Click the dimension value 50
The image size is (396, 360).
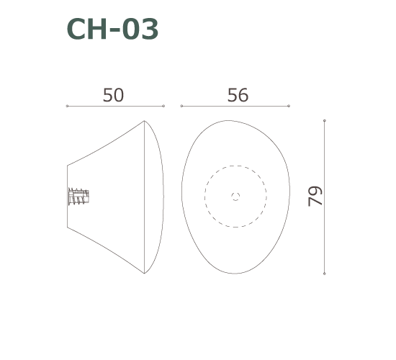pos(113,95)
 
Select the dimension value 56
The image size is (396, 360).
pos(238,95)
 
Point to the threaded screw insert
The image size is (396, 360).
pos(78,197)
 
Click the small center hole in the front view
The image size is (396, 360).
pos(235,196)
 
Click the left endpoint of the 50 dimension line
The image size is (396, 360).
pos(67,106)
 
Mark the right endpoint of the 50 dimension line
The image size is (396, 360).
pos(163,106)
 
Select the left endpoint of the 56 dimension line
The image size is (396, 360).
pos(181,106)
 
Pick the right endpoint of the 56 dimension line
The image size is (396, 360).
pos(289,106)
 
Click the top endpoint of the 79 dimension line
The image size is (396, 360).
pos(325,121)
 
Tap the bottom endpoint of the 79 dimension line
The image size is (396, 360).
pos(325,274)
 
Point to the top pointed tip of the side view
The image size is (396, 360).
pos(145,121)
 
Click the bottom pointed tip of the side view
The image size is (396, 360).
pos(145,274)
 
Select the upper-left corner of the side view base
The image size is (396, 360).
pos(68,166)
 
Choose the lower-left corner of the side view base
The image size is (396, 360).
pos(68,228)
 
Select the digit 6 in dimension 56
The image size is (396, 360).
pos(243,95)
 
